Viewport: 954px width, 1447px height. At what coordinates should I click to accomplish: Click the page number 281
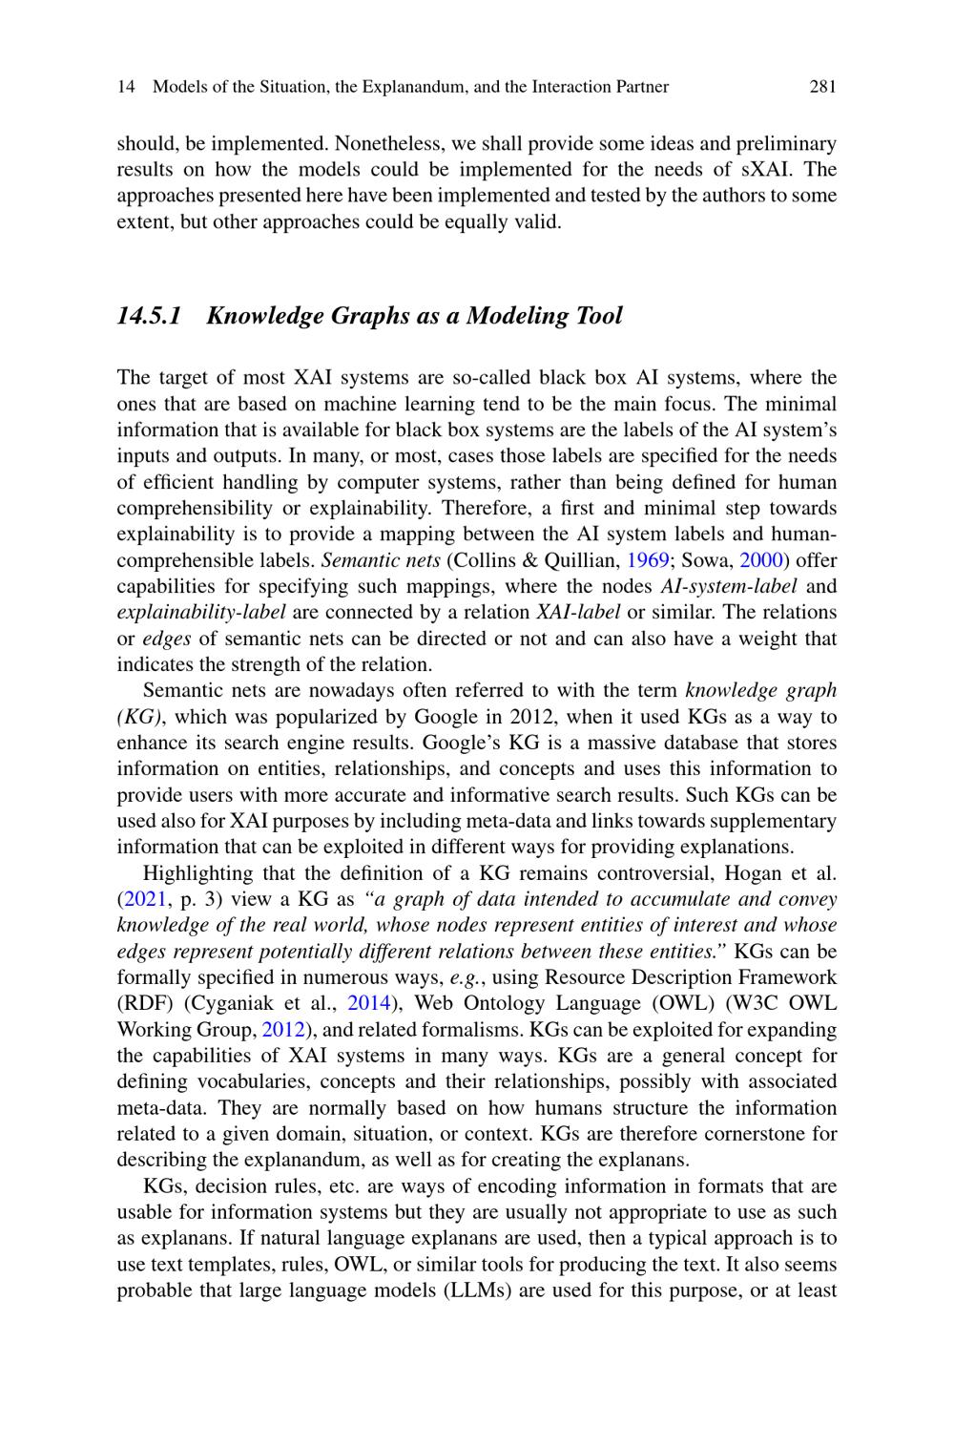pyautogui.click(x=822, y=87)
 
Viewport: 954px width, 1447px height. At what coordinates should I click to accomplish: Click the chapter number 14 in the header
pyautogui.click(x=125, y=87)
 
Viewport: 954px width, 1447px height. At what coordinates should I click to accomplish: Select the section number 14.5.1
pyautogui.click(x=149, y=316)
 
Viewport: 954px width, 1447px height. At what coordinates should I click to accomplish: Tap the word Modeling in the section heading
pyautogui.click(x=517, y=316)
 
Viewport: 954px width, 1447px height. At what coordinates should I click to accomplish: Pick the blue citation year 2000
pyautogui.click(x=759, y=560)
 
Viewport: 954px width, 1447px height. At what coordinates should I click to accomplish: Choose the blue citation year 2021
pyautogui.click(x=137, y=899)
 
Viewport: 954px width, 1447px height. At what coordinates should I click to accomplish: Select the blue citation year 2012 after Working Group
pyautogui.click(x=282, y=1030)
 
